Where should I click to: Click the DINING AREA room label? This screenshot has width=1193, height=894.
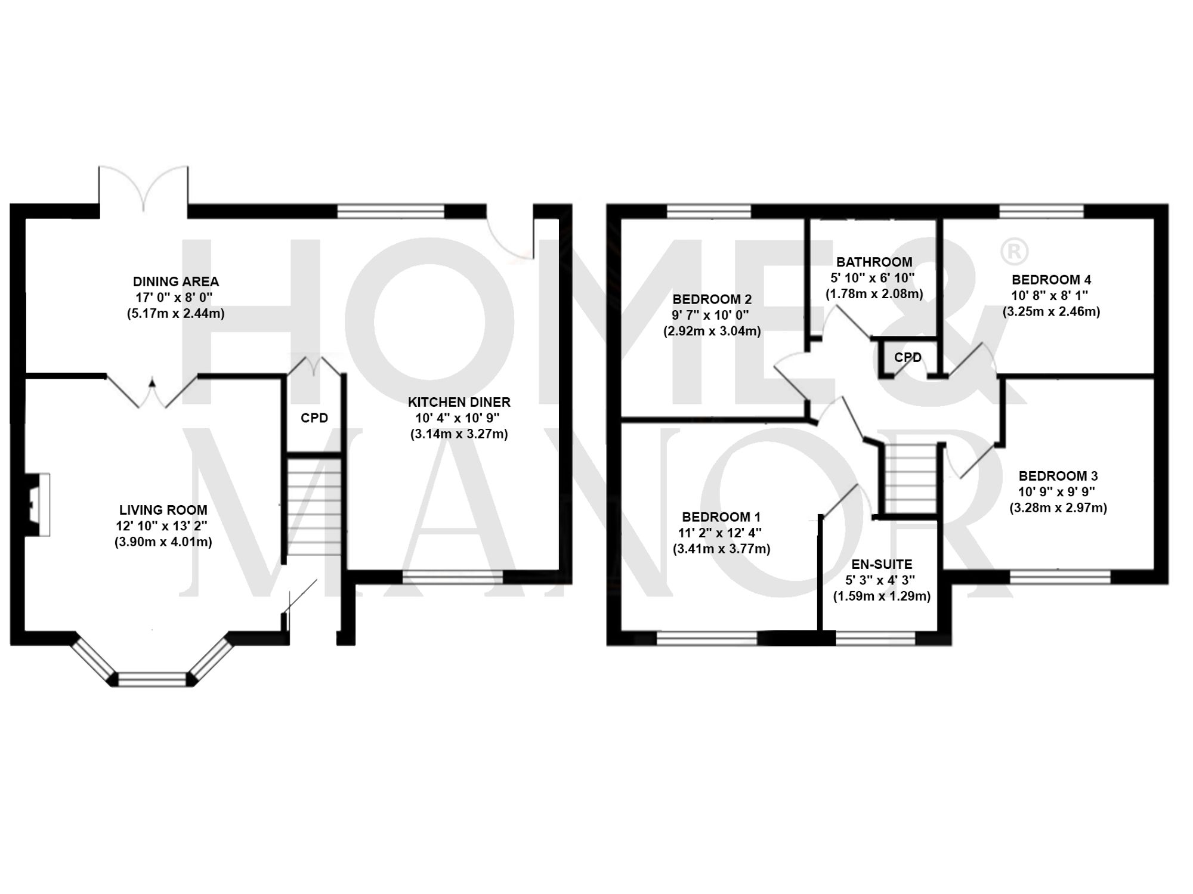pyautogui.click(x=175, y=281)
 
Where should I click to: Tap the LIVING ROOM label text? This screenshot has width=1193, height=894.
pyautogui.click(x=163, y=510)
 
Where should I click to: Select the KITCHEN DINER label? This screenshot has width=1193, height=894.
pyautogui.click(x=459, y=402)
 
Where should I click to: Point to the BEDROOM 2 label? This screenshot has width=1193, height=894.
pyautogui.click(x=712, y=299)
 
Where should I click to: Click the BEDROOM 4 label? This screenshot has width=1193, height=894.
pyautogui.click(x=1051, y=280)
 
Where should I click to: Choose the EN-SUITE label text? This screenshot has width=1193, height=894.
pyautogui.click(x=881, y=564)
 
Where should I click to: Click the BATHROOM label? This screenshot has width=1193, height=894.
pyautogui.click(x=874, y=262)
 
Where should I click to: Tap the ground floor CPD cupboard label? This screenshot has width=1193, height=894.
pyautogui.click(x=314, y=418)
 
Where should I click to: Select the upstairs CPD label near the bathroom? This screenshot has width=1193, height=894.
pyautogui.click(x=907, y=357)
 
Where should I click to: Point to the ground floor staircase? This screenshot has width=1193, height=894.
pyautogui.click(x=314, y=507)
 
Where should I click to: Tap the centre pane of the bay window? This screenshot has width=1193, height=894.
pyautogui.click(x=152, y=679)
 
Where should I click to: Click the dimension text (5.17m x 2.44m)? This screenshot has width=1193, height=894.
pyautogui.click(x=175, y=313)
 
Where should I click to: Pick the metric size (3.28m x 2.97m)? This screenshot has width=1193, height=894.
pyautogui.click(x=1058, y=508)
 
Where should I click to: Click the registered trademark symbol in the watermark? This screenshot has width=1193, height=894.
pyautogui.click(x=1013, y=252)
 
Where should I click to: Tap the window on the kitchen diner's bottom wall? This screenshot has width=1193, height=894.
pyautogui.click(x=453, y=577)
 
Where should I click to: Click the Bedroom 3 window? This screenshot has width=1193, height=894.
pyautogui.click(x=1060, y=577)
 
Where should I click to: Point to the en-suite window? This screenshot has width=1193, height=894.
pyautogui.click(x=875, y=639)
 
